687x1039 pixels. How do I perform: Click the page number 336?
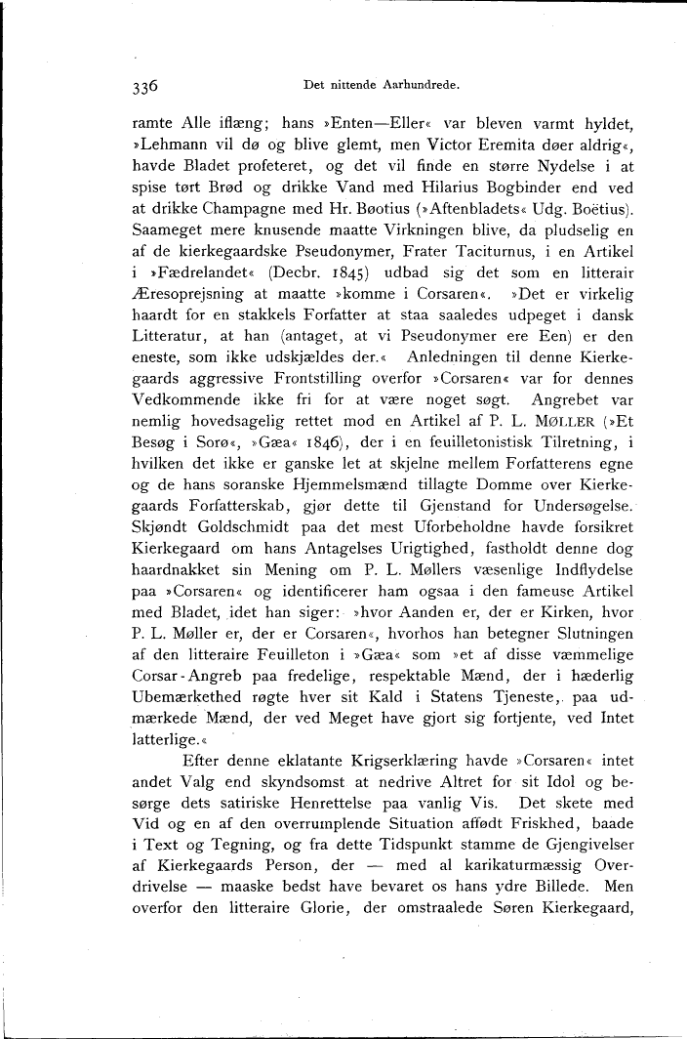[145, 86]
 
